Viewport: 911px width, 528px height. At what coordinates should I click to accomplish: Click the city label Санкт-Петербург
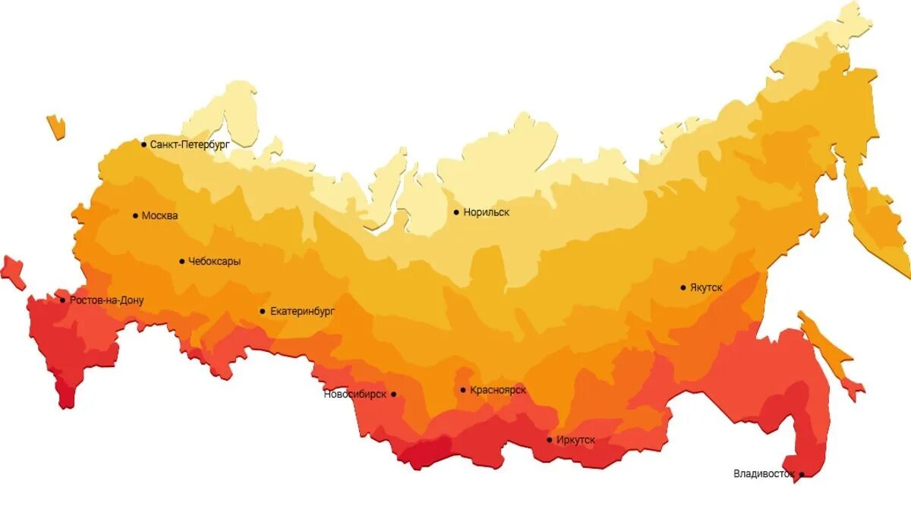(x=190, y=144)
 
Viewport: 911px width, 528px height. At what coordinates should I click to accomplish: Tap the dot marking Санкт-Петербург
(x=143, y=143)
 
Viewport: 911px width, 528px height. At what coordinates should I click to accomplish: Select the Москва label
(x=159, y=216)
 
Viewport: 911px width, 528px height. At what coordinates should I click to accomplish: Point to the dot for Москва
(x=136, y=215)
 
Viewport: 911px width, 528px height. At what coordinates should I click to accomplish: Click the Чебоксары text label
(x=215, y=262)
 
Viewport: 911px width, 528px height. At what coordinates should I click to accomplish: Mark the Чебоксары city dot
(x=182, y=262)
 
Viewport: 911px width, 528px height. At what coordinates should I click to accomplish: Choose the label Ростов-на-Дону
(x=106, y=300)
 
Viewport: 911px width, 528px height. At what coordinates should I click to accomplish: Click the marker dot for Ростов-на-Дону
(x=63, y=300)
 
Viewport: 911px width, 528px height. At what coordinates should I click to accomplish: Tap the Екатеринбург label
(x=302, y=311)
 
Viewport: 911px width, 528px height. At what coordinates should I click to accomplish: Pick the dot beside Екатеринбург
(x=263, y=311)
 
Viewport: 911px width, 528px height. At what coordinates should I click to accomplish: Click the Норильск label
(x=487, y=212)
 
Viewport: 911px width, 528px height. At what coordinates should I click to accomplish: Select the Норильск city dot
(x=456, y=212)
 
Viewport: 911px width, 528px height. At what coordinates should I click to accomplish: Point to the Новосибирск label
(x=355, y=394)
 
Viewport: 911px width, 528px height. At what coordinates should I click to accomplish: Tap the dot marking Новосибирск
(x=393, y=394)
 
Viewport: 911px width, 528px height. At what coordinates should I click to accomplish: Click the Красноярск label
(x=498, y=391)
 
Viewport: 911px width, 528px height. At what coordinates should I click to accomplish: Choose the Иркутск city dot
(x=550, y=440)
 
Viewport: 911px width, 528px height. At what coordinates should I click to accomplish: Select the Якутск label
(x=706, y=288)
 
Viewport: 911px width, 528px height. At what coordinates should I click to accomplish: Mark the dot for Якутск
(x=683, y=288)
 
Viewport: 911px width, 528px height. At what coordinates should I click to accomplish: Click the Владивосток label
(x=764, y=474)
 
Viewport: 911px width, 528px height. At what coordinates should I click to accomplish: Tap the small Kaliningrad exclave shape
(x=55, y=127)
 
